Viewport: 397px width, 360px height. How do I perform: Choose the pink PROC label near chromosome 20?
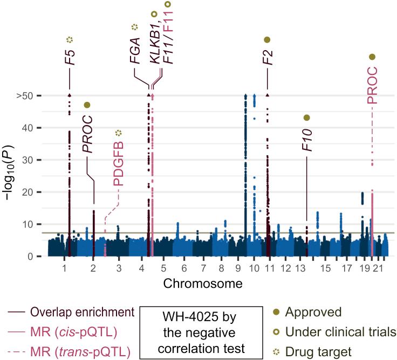(372, 85)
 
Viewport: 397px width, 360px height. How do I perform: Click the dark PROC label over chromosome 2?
(87, 135)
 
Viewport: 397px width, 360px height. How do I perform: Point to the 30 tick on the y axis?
(33, 160)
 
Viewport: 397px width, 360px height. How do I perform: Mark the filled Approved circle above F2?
(267, 39)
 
